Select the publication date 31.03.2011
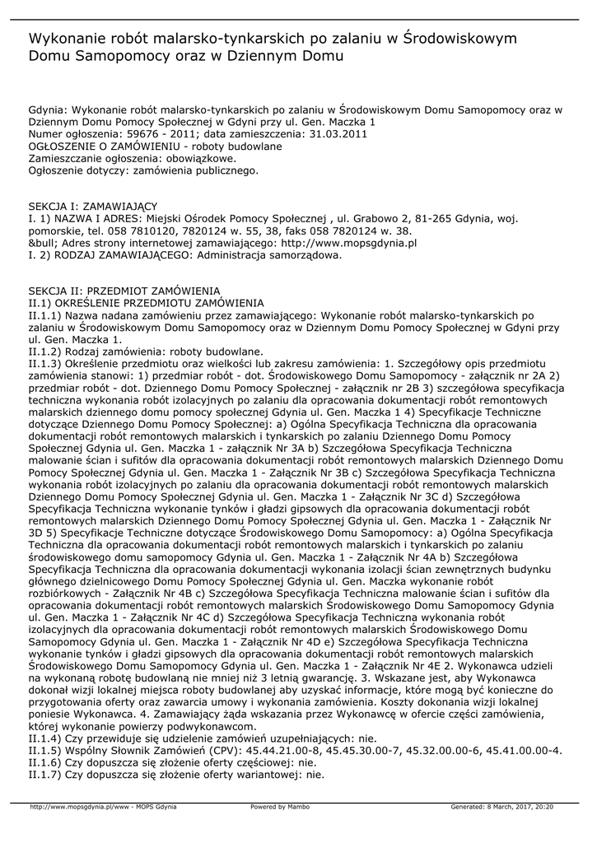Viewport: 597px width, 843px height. coord(338,133)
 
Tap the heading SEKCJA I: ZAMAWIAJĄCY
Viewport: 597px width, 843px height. coord(92,206)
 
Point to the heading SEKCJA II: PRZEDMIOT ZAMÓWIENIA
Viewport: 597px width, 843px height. coord(124,291)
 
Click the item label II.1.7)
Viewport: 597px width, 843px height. coord(46,775)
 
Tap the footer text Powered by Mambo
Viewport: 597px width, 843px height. coord(280,807)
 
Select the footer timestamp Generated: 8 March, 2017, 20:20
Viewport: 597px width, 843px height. coord(501,807)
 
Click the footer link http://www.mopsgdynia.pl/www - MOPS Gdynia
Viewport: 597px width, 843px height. coord(103,807)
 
